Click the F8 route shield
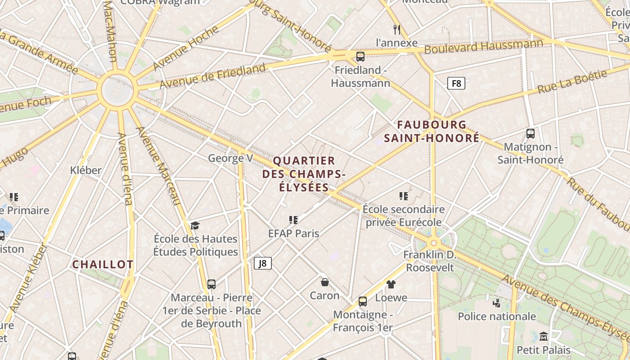[456, 83]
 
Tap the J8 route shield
[263, 263]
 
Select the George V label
[230, 158]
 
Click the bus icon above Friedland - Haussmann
[360, 57]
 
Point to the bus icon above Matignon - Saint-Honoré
[531, 134]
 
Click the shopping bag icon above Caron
[324, 282]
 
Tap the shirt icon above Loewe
[391, 284]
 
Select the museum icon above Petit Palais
[544, 336]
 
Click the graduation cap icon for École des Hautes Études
[195, 225]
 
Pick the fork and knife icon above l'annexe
[396, 30]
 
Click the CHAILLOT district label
[103, 265]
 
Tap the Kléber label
[86, 171]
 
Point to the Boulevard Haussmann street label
[484, 46]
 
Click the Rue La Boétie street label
[572, 81]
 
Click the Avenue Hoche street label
[185, 48]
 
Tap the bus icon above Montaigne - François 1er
[363, 301]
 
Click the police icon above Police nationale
[497, 303]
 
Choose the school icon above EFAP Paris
[293, 220]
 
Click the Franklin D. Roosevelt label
[430, 261]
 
